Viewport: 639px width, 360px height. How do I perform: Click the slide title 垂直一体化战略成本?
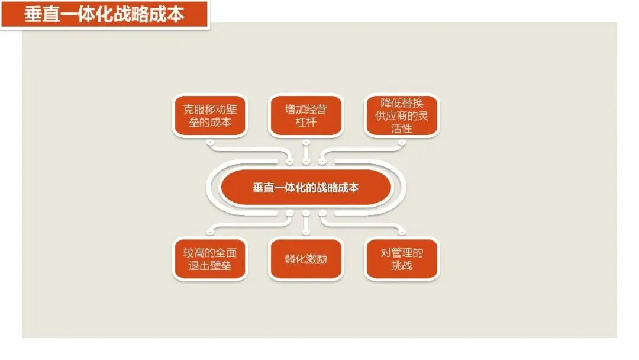click(x=104, y=14)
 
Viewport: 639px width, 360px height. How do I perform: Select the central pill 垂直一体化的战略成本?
click(x=305, y=188)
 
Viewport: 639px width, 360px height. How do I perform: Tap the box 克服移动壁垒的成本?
click(x=209, y=115)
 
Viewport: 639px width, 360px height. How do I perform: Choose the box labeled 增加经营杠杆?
click(x=305, y=115)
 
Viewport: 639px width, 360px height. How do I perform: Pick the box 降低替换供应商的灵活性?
click(x=401, y=115)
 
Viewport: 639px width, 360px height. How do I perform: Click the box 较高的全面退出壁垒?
click(x=209, y=259)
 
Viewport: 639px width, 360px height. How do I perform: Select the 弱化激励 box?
click(x=305, y=259)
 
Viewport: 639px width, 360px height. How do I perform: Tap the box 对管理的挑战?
click(x=401, y=259)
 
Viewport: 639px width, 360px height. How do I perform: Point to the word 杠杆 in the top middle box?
click(x=305, y=123)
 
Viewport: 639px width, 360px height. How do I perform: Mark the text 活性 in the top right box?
click(x=401, y=128)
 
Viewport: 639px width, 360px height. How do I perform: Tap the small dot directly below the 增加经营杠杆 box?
click(x=305, y=143)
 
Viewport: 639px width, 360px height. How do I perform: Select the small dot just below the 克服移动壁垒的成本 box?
click(x=209, y=143)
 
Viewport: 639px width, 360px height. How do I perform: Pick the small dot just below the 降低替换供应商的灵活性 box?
click(x=401, y=143)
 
